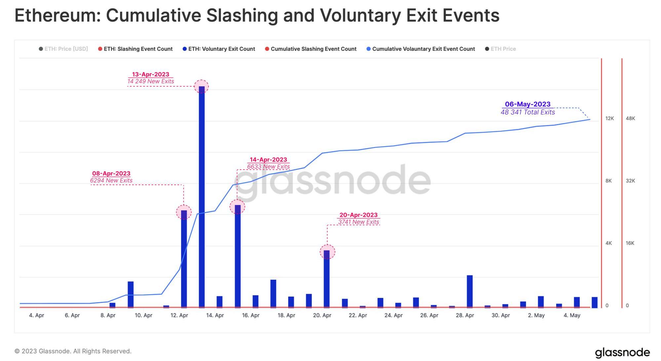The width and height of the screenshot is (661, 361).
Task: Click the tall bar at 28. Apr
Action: point(470,291)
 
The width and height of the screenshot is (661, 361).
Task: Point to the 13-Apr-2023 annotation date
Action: point(150,74)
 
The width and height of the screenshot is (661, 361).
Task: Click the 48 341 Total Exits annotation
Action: point(527,112)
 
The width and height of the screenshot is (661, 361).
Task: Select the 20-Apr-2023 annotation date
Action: point(358,215)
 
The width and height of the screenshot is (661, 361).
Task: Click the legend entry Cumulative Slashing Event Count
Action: point(313,49)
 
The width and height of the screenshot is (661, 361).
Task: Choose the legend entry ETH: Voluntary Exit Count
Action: point(221,49)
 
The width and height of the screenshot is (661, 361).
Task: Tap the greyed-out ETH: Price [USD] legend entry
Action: point(66,49)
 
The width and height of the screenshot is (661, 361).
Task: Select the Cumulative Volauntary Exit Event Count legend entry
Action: point(423,49)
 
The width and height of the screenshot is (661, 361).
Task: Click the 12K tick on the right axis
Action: point(609,118)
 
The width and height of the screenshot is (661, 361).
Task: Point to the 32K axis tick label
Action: point(630,181)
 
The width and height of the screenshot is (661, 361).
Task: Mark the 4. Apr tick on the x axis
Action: point(36,315)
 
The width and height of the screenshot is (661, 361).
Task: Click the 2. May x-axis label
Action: point(536,315)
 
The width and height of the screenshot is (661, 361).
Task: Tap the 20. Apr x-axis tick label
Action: point(322,315)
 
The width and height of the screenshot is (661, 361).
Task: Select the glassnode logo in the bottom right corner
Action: point(622,352)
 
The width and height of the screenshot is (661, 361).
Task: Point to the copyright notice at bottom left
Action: point(73,351)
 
